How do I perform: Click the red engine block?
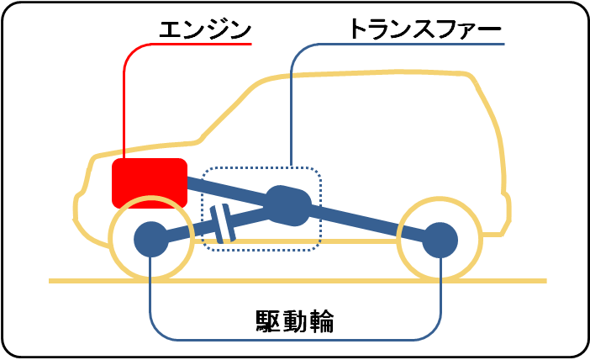pos(150,181)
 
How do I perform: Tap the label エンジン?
pos(205,30)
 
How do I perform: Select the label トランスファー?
pos(425,30)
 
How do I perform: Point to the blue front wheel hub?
pos(150,239)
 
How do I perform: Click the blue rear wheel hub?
pos(440,240)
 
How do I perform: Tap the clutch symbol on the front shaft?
pos(222,224)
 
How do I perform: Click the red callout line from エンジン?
pos(124,101)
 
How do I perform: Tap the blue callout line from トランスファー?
pos(291,101)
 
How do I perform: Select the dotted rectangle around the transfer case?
pos(320,210)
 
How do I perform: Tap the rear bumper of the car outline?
pos(506,210)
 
